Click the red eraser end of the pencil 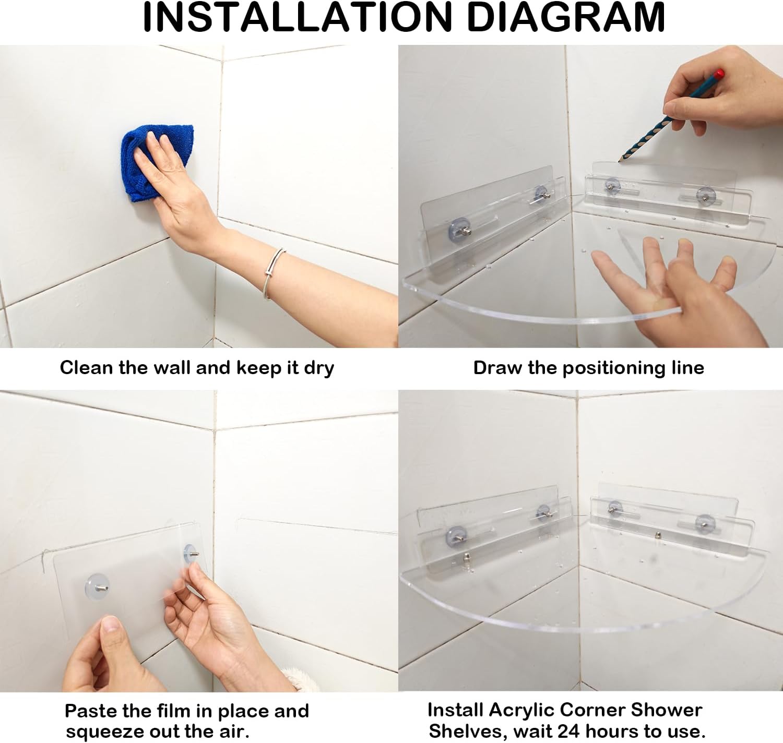[x=719, y=74]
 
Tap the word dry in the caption [x=318, y=368]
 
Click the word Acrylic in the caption [x=521, y=710]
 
